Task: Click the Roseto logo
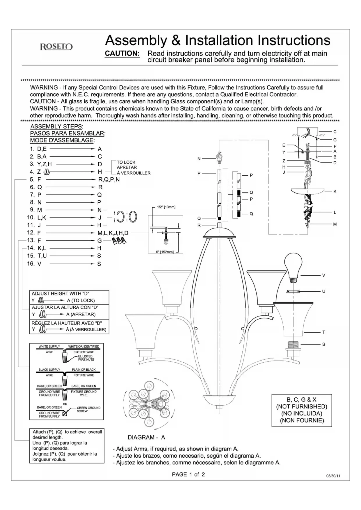(x=56, y=47)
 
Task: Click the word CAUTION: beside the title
(x=122, y=54)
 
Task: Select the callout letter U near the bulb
(x=323, y=291)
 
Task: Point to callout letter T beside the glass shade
(x=323, y=332)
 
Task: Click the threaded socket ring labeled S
(x=294, y=345)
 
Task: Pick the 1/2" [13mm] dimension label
(x=166, y=207)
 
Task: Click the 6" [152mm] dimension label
(x=165, y=252)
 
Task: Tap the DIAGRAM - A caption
(x=146, y=437)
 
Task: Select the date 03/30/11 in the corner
(x=333, y=476)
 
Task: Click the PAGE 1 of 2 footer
(x=188, y=475)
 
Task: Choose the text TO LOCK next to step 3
(x=126, y=162)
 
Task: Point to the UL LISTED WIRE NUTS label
(x=86, y=358)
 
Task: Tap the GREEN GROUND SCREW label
(x=88, y=409)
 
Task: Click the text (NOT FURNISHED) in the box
(x=302, y=406)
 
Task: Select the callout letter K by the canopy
(x=335, y=191)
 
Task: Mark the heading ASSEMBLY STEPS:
(x=57, y=126)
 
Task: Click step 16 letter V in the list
(x=39, y=264)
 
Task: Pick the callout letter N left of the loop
(x=199, y=158)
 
